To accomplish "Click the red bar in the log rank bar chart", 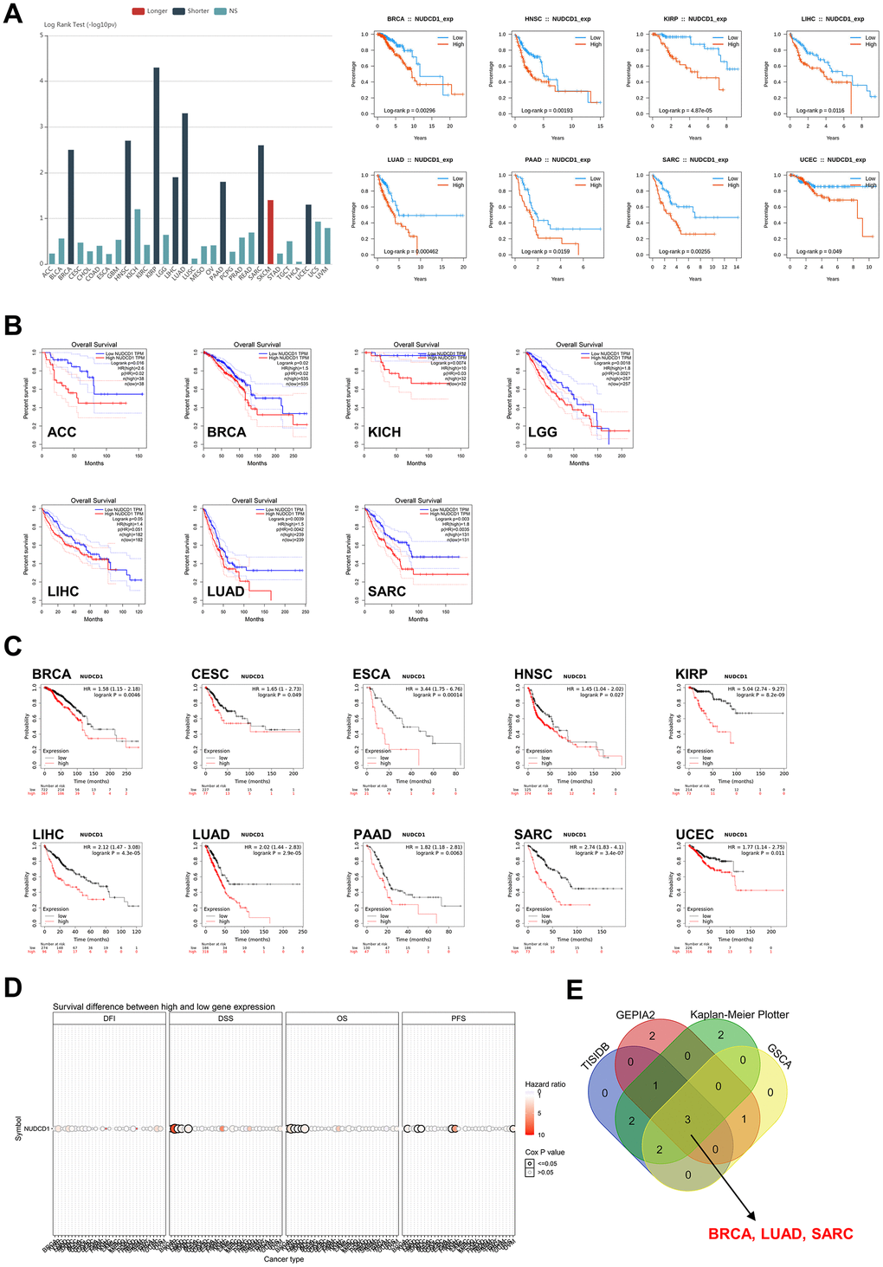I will coord(270,232).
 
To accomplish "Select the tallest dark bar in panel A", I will coord(157,165).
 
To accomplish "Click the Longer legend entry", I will coord(151,11).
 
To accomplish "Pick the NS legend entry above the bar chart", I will coord(227,11).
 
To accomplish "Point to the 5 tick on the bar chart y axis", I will coord(41,36).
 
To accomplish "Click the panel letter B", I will coord(13,325).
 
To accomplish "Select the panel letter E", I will coord(574,990).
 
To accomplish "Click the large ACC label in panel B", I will coord(62,432).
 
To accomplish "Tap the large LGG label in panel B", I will coord(543,432).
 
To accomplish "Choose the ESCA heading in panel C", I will coord(371,674).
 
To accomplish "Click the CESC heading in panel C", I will coord(210,674).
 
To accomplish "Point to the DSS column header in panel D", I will coord(226,1018).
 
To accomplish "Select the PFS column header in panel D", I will coord(458,1018).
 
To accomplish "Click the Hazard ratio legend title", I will coord(545,1084).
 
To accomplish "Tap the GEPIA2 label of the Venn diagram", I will coord(635,1014).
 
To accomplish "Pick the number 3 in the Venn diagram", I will coord(688,1120).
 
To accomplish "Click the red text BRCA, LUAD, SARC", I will coord(781,1234).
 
